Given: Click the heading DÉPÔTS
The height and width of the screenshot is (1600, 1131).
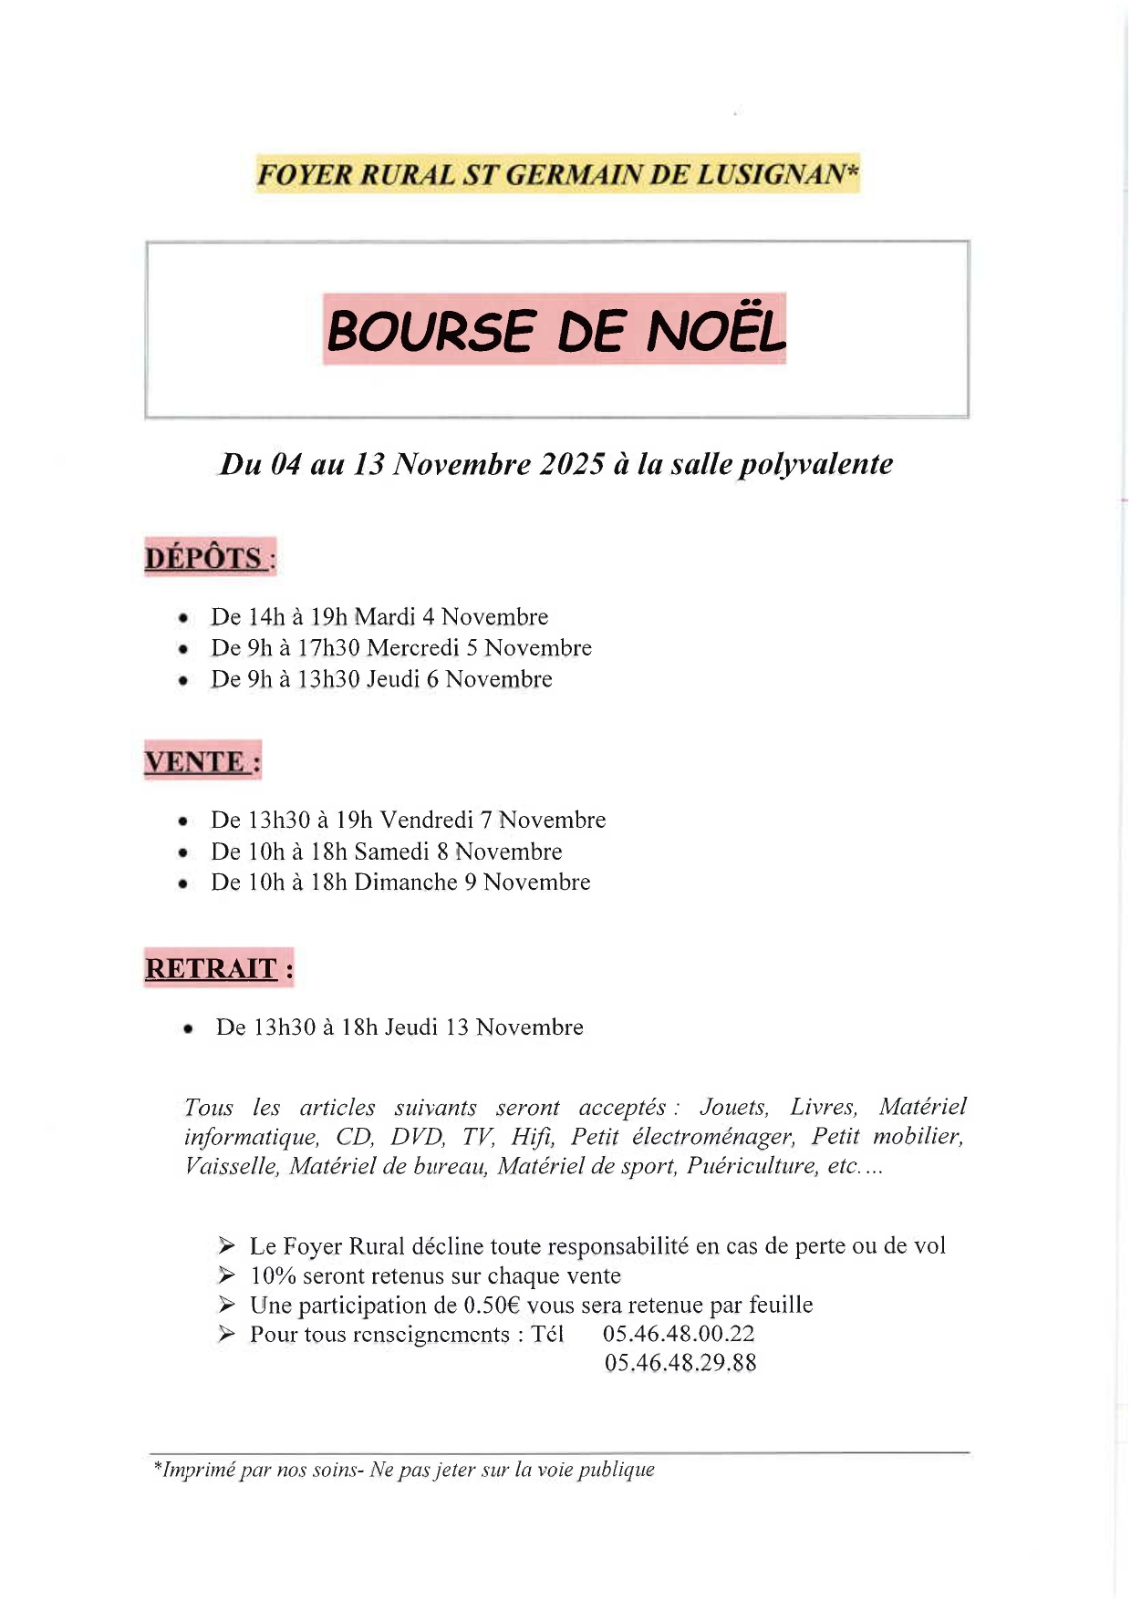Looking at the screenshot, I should coord(203,557).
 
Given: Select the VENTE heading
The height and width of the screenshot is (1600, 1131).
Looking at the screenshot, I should coord(195,761).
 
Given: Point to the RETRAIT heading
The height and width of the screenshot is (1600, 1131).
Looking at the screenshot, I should coord(211,968).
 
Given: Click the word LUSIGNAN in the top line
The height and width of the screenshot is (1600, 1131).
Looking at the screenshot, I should coord(772,174).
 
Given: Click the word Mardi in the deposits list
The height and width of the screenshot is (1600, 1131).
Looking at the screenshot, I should coord(384,617).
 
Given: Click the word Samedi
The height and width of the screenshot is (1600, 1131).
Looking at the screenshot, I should coord(391,852).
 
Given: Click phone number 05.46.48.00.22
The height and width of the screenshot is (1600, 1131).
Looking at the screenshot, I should coord(679,1334).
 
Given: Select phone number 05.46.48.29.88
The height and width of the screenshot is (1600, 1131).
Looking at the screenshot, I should coord(680,1363).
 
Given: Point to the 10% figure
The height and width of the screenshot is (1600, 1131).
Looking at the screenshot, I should coord(273,1275).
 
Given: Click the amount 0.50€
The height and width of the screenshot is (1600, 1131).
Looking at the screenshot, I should coord(492,1305).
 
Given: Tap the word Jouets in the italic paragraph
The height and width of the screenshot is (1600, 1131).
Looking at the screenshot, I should coord(734,1107).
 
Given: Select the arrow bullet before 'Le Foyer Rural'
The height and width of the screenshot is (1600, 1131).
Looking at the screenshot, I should coord(227,1245).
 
